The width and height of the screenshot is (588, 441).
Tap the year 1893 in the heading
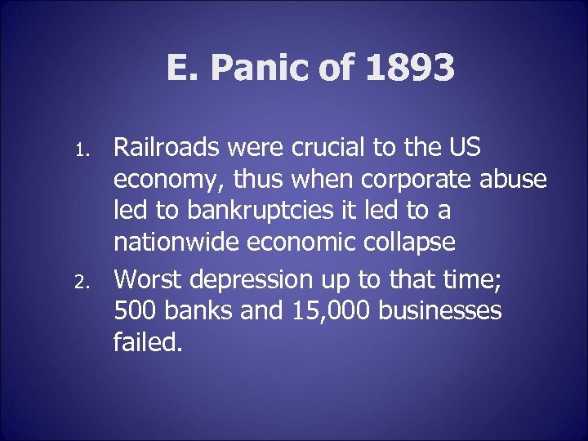coord(410,69)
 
